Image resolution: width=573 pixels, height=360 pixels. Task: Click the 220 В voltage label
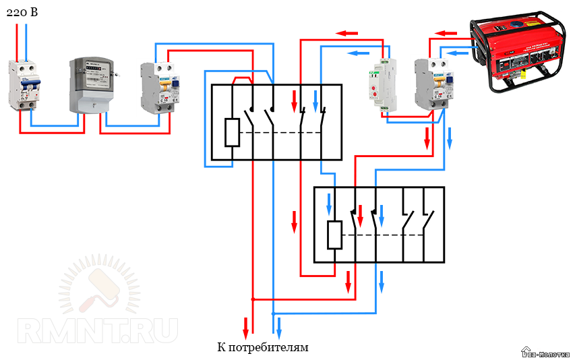click(x=21, y=11)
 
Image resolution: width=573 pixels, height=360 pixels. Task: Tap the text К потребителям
click(x=262, y=348)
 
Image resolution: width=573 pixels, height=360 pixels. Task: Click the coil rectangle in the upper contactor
click(x=231, y=132)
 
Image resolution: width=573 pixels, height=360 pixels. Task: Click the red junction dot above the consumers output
click(x=253, y=299)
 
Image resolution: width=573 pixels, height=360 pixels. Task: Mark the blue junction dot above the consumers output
click(x=273, y=313)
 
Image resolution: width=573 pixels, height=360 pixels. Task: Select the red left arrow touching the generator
click(x=446, y=32)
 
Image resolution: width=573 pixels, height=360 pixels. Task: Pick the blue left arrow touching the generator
click(x=458, y=52)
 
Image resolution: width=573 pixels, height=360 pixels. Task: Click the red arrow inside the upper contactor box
click(x=295, y=100)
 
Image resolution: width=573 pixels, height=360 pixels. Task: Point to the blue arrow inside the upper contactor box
click(x=315, y=100)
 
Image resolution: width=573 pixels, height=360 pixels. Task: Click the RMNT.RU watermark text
click(x=98, y=330)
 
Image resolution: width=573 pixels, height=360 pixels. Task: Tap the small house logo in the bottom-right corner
click(x=526, y=351)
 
